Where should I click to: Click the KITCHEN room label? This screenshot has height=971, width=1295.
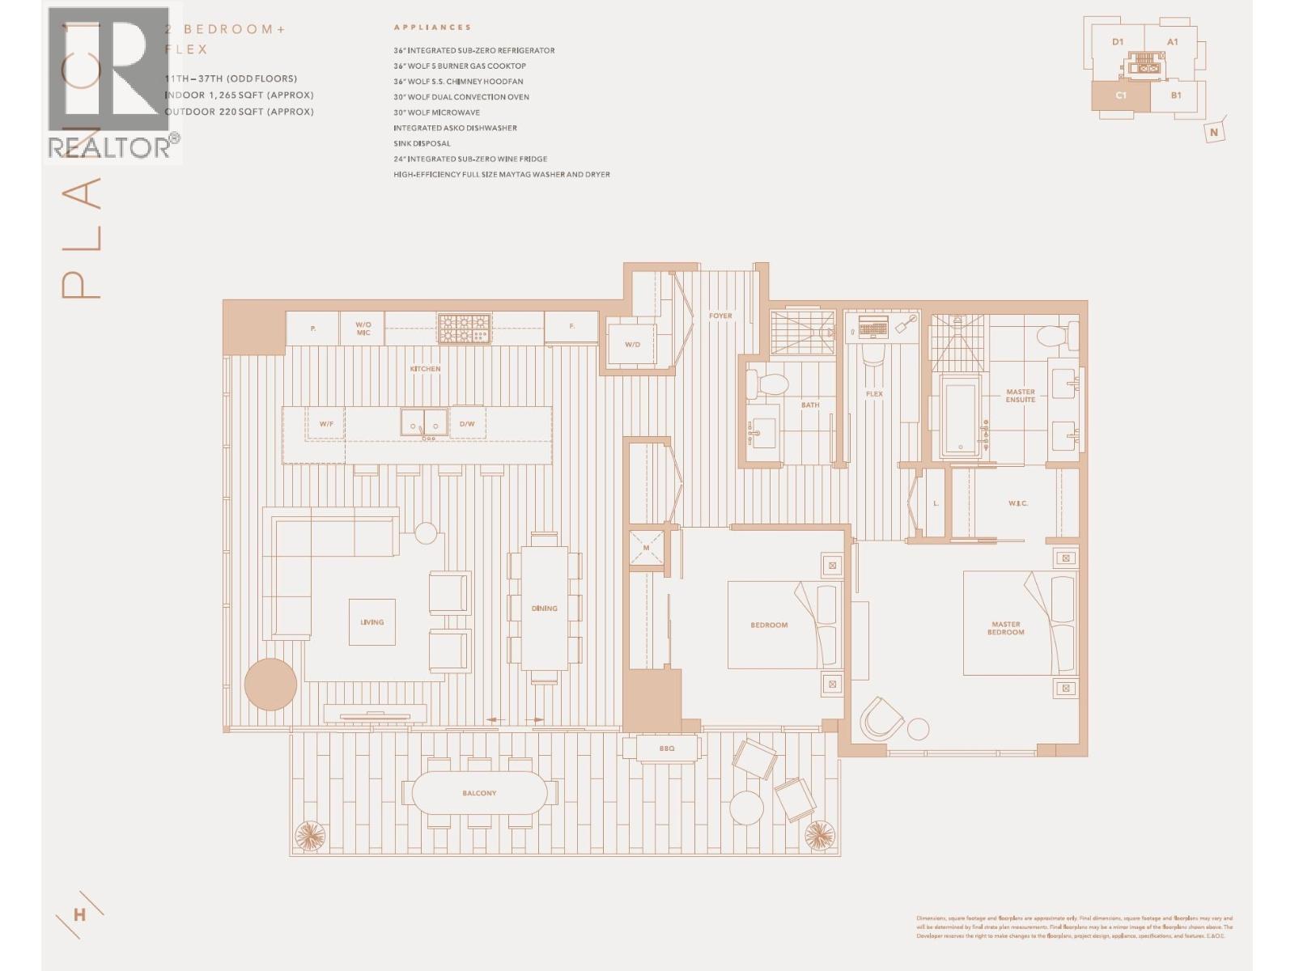[425, 369]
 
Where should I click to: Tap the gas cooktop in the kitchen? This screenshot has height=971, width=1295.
[465, 328]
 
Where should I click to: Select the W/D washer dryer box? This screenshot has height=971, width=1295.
[632, 345]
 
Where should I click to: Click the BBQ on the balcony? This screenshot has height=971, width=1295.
[666, 748]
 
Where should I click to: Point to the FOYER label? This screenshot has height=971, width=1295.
[720, 316]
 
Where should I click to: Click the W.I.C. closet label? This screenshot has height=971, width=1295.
[1017, 503]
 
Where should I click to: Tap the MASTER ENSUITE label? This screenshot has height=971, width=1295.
[1021, 396]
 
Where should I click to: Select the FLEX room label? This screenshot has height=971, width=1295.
[874, 394]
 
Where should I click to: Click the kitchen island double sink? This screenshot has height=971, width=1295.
[424, 422]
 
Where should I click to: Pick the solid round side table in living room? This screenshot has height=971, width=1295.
[270, 685]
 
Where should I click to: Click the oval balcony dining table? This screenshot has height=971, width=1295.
[479, 793]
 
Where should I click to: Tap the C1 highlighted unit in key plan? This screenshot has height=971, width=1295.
[1120, 95]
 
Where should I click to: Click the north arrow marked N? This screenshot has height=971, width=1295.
[1213, 132]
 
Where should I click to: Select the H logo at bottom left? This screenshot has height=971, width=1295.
[79, 915]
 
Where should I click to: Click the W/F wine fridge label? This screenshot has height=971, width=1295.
[326, 423]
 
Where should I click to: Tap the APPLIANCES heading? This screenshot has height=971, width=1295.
[432, 28]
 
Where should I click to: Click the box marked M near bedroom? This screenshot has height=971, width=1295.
[647, 549]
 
